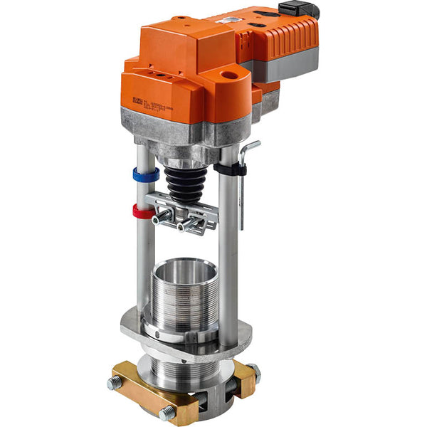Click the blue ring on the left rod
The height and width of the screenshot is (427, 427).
tap(145, 174)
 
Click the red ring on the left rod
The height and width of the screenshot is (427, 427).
tap(143, 211)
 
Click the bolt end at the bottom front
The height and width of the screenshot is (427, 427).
tap(167, 413)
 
